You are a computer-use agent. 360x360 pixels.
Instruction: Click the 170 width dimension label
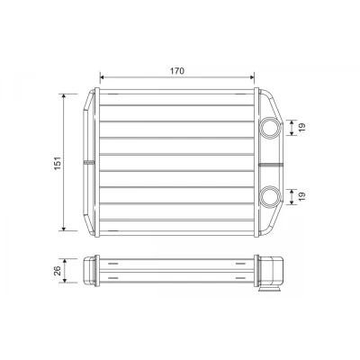(177, 71)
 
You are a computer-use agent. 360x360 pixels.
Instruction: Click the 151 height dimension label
(58, 163)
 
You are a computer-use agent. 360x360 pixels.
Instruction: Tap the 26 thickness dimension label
(58, 271)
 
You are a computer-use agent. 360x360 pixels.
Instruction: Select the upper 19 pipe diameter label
(302, 128)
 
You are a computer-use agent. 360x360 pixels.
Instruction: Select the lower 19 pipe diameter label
(302, 196)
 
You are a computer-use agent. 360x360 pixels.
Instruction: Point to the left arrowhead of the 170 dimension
(102, 77)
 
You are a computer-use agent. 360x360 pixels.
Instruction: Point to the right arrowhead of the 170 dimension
(252, 77)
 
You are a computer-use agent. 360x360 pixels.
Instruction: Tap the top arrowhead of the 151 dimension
(63, 96)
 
